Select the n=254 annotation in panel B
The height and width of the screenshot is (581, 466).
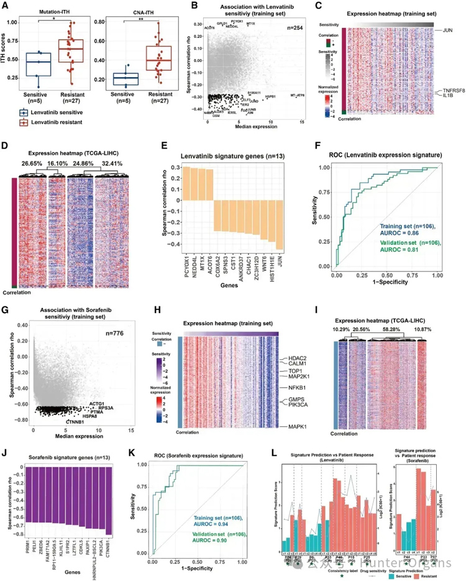click(295, 28)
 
